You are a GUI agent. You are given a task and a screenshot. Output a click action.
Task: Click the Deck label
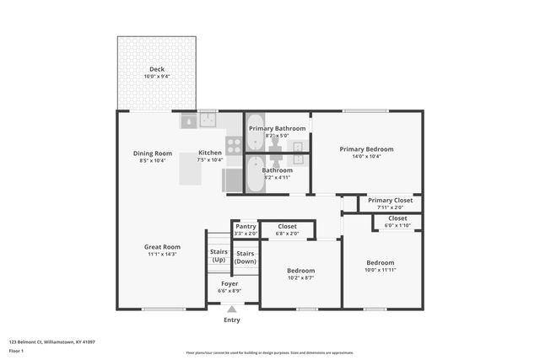[157, 69]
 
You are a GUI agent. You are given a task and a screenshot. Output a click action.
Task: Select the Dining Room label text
[152, 153]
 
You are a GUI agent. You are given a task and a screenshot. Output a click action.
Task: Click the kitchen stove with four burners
[234, 145]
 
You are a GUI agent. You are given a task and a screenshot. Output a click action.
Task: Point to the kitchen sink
[208, 121]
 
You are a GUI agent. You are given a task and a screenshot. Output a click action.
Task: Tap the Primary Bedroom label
[366, 149]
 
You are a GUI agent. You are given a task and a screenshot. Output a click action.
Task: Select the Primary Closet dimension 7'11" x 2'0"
[391, 207]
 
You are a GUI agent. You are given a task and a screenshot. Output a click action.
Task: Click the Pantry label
[246, 226]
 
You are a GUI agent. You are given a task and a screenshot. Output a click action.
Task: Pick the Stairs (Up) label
[218, 255]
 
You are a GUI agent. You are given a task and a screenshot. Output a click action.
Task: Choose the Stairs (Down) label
[246, 257]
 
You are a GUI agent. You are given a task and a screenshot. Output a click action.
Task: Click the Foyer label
[229, 283]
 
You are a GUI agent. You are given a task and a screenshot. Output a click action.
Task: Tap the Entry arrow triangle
[231, 310]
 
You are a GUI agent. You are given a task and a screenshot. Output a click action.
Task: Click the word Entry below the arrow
[231, 320]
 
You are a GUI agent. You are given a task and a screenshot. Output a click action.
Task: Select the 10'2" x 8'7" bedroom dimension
[300, 277]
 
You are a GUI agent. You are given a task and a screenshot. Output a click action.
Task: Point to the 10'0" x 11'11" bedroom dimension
[379, 270]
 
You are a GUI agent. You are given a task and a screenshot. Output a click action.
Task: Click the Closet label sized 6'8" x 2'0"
[287, 226]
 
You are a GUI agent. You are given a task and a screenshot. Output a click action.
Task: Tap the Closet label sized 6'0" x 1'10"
[397, 218]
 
